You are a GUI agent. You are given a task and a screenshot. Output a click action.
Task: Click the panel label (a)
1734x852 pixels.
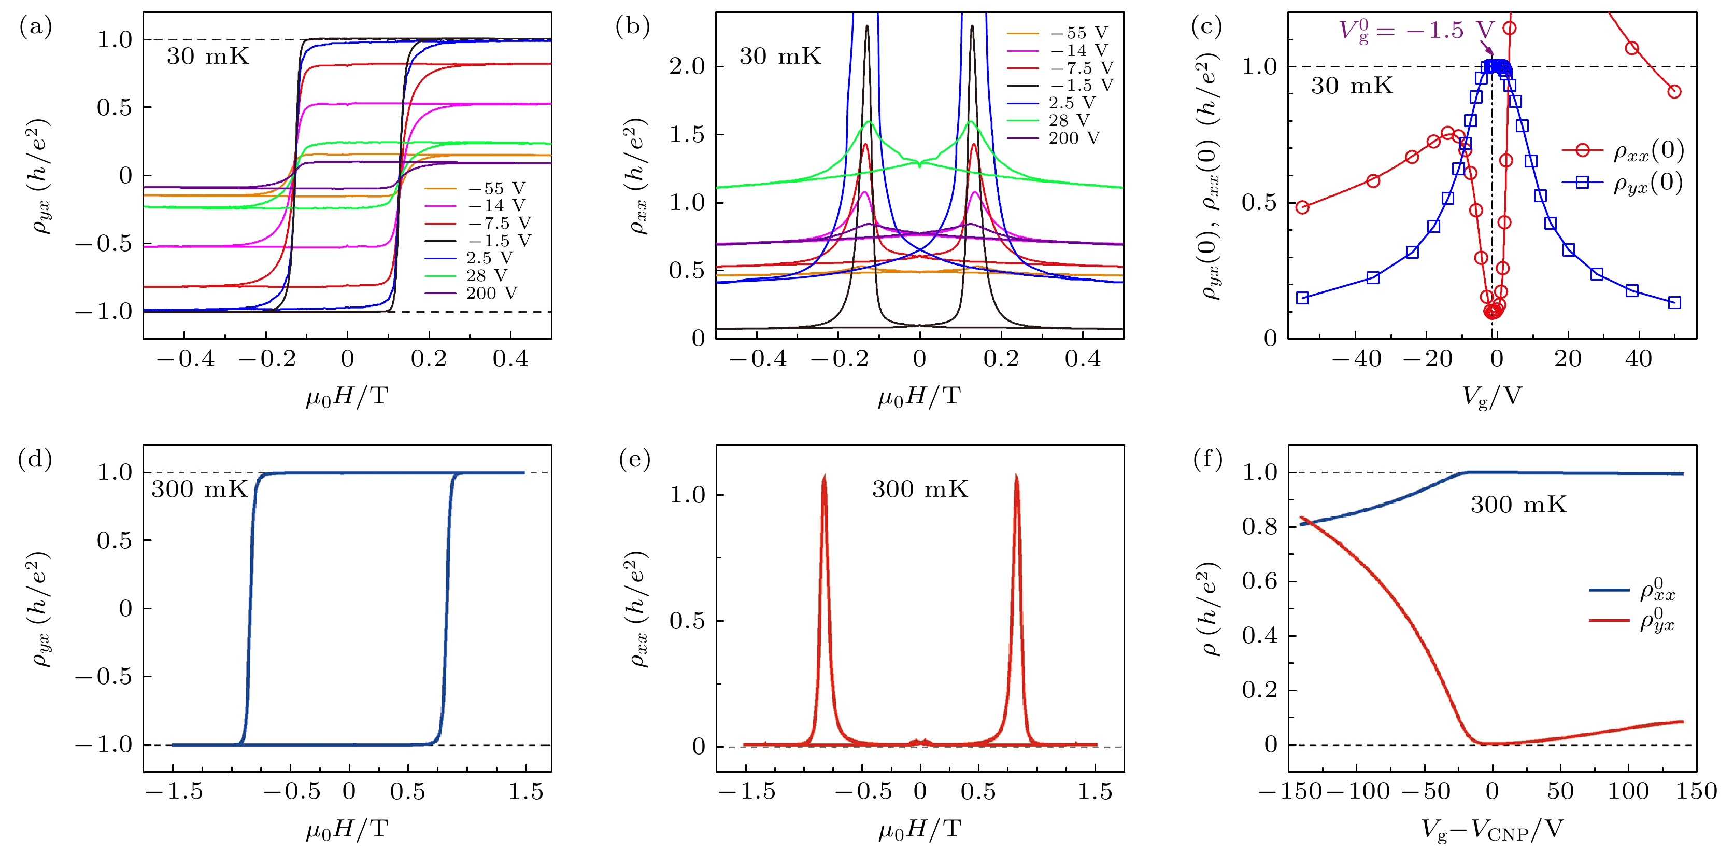36,27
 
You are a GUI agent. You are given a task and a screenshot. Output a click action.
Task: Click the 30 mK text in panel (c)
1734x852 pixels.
1352,86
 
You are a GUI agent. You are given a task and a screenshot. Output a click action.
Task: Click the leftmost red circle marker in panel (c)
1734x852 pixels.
1302,207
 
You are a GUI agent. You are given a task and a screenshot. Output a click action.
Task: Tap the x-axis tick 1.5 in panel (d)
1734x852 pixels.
525,791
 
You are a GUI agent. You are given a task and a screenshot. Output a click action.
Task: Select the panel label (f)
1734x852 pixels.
1207,459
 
